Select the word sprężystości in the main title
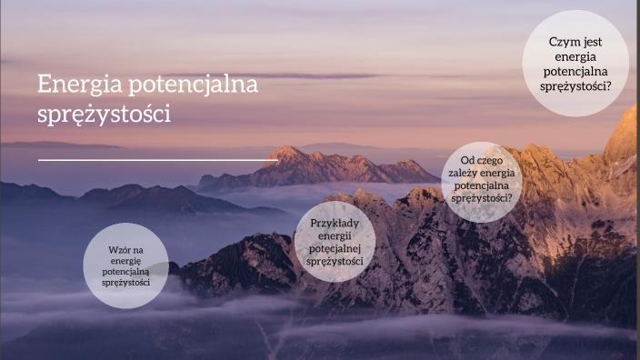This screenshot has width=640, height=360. pyautogui.click(x=104, y=115)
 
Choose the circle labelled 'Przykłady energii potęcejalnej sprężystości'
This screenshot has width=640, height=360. pyautogui.click(x=335, y=241)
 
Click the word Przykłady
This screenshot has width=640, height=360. pyautogui.click(x=335, y=223)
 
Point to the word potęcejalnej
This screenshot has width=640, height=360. pyautogui.click(x=335, y=248)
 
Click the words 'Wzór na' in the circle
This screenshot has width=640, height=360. pyautogui.click(x=125, y=248)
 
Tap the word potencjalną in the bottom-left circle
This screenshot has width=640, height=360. pyautogui.click(x=125, y=271)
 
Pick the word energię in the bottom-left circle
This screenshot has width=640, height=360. pyautogui.click(x=125, y=260)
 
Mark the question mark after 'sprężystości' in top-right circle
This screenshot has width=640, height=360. pyautogui.click(x=607, y=86)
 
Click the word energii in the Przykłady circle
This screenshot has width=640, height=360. pyautogui.click(x=335, y=235)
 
